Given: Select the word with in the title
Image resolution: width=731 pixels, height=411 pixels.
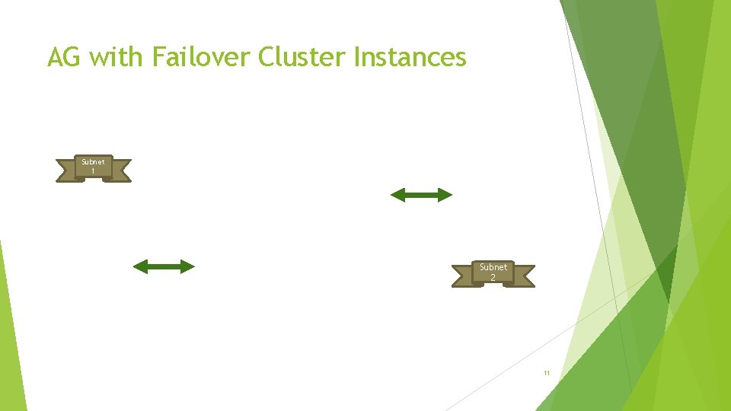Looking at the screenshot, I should tap(115, 57).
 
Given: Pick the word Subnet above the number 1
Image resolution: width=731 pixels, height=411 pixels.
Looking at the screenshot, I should tap(94, 162).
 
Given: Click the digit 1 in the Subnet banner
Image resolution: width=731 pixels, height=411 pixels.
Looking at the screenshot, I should tap(94, 171).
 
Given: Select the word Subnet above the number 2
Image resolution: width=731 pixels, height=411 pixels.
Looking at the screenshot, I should tap(493, 267).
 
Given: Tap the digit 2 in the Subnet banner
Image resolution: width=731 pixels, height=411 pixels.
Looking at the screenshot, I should tap(493, 277).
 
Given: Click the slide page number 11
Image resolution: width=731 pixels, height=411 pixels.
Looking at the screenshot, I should tap(546, 373).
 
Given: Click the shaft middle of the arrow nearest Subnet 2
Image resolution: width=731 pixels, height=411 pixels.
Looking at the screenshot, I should tap(421, 196).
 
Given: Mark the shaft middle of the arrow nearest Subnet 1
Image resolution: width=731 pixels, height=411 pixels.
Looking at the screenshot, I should tap(164, 266).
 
